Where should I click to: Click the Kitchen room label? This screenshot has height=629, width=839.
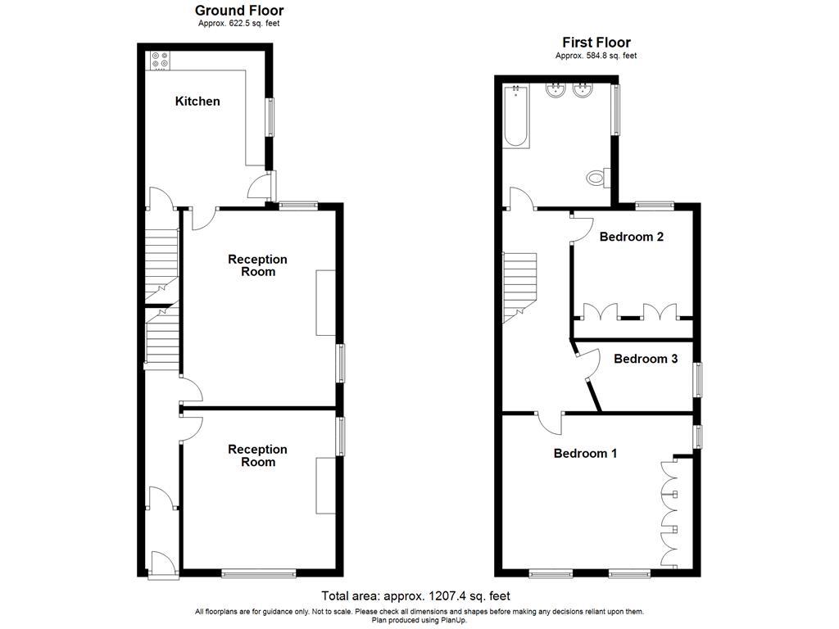coord(197,102)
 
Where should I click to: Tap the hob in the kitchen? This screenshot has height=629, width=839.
coord(158,60)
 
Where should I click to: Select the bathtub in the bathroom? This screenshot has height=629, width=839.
coord(516,115)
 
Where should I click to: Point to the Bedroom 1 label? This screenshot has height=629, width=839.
coord(585,454)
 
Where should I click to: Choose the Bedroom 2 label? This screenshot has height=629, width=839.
coord(631,238)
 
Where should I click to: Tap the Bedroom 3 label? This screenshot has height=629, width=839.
coord(646,359)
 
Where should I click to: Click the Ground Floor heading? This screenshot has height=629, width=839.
coord(239,11)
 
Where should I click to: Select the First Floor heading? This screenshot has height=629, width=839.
coord(596,43)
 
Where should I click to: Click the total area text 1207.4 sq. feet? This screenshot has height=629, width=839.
coord(415,596)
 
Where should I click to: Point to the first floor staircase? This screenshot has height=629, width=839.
coord(518,287)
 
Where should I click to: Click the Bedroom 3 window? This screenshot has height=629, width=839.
coord(697,380)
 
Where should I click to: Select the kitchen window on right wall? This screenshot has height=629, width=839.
coord(269,116)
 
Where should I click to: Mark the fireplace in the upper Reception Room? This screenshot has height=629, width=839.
coord(325,302)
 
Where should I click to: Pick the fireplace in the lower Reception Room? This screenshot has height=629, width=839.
coord(325,486)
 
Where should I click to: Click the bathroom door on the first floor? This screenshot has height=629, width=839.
coord(521,199)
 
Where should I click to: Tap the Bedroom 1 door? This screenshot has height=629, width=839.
coord(550,421)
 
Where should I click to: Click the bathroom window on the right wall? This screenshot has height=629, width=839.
coord(615,109)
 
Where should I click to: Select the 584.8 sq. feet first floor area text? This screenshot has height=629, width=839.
coord(596,56)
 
